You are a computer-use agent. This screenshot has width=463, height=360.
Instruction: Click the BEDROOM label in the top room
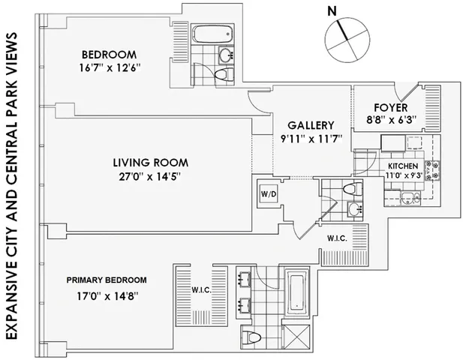[109, 55]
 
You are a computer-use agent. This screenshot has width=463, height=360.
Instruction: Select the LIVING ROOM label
[150, 162]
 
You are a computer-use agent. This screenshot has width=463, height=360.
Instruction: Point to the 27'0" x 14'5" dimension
[150, 177]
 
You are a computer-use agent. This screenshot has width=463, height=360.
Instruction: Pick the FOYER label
[382, 105]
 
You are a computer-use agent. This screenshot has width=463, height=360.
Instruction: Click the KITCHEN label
[403, 166]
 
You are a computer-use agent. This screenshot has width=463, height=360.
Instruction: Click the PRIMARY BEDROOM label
[106, 280]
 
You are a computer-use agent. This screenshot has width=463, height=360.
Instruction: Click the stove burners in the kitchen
[431, 172]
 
